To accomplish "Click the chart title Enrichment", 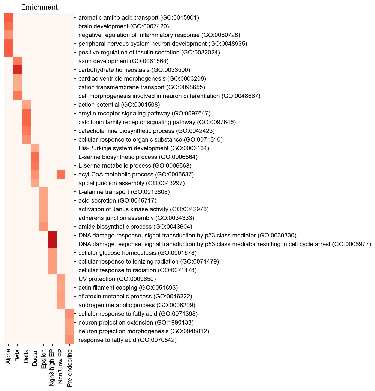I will point(39,7).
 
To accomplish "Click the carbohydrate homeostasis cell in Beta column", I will point(17,70).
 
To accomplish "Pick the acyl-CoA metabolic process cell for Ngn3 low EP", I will point(61,174).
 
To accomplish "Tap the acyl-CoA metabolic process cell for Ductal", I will point(35,174).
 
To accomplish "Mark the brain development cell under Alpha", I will point(9,26).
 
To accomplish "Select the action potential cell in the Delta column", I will point(26,105).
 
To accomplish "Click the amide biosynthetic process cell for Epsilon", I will point(44,227).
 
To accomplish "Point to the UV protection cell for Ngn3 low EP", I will point(61,279).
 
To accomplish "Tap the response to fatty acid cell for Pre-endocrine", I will point(70,340).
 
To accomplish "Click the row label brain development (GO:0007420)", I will point(124,26).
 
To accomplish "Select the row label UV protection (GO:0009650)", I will point(117,279).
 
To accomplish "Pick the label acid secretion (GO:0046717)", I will point(117,201).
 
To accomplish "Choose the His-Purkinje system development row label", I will point(144,148).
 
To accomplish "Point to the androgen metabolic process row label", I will point(137,305).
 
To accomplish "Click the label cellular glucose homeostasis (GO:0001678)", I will point(137,253).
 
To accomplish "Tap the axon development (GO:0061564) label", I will point(123,61).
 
